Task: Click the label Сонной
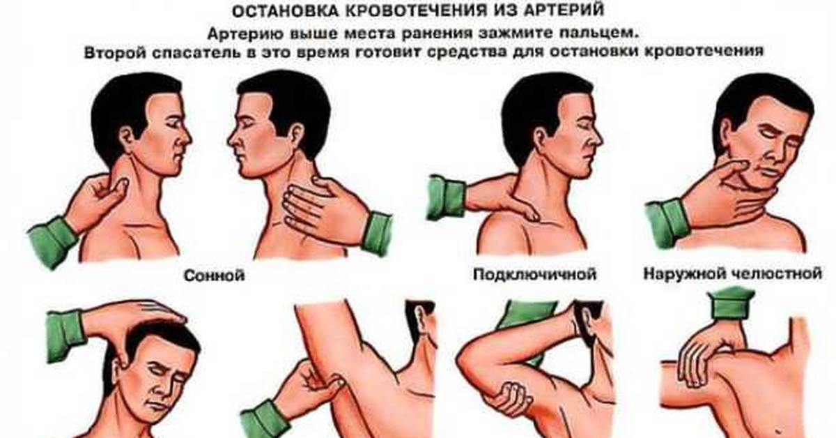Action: pos(214,275)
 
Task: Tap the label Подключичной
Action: pos(534,274)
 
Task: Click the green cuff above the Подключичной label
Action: pos(445,197)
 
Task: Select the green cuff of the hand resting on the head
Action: pos(66,335)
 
